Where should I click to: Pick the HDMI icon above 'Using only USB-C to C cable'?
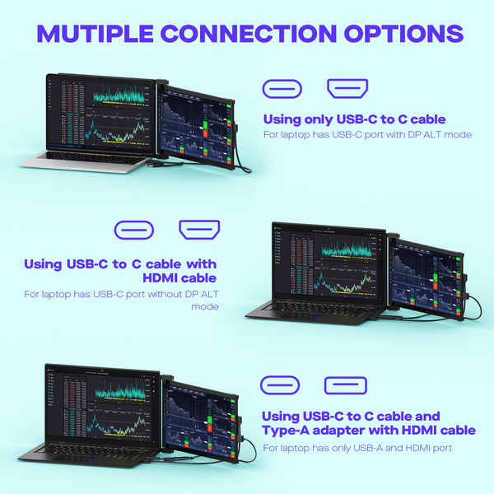tap(347, 89)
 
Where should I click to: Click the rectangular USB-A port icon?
tap(347, 384)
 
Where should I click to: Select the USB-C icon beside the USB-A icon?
tap(282, 384)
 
